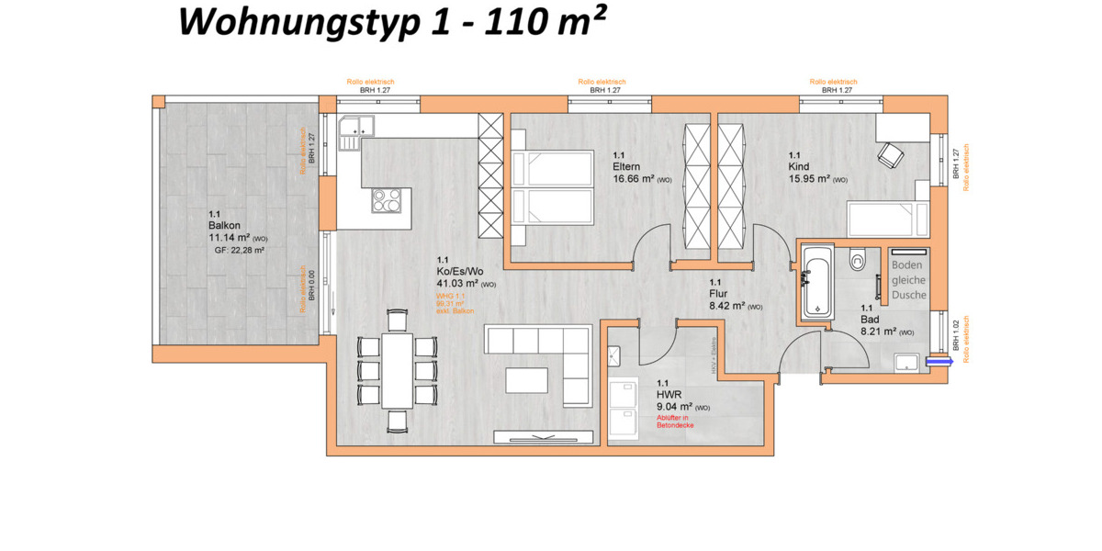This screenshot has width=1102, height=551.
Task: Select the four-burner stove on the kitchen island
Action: (x=387, y=199)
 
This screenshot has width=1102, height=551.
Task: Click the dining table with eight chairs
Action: (x=397, y=370)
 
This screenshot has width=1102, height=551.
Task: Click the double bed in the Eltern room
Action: (x=552, y=186)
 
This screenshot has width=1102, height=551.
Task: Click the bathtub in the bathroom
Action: (x=815, y=281)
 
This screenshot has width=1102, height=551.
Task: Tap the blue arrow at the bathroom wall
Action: (x=939, y=362)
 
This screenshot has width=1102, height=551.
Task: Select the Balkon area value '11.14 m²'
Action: (x=230, y=237)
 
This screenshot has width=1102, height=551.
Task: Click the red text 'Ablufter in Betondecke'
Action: (x=675, y=422)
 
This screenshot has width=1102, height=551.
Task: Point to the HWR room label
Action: (x=667, y=393)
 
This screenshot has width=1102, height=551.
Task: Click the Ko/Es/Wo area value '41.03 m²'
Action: (x=456, y=284)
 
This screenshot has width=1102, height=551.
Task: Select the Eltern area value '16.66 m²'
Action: (x=632, y=179)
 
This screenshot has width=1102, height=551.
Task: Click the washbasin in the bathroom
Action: (x=906, y=362)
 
